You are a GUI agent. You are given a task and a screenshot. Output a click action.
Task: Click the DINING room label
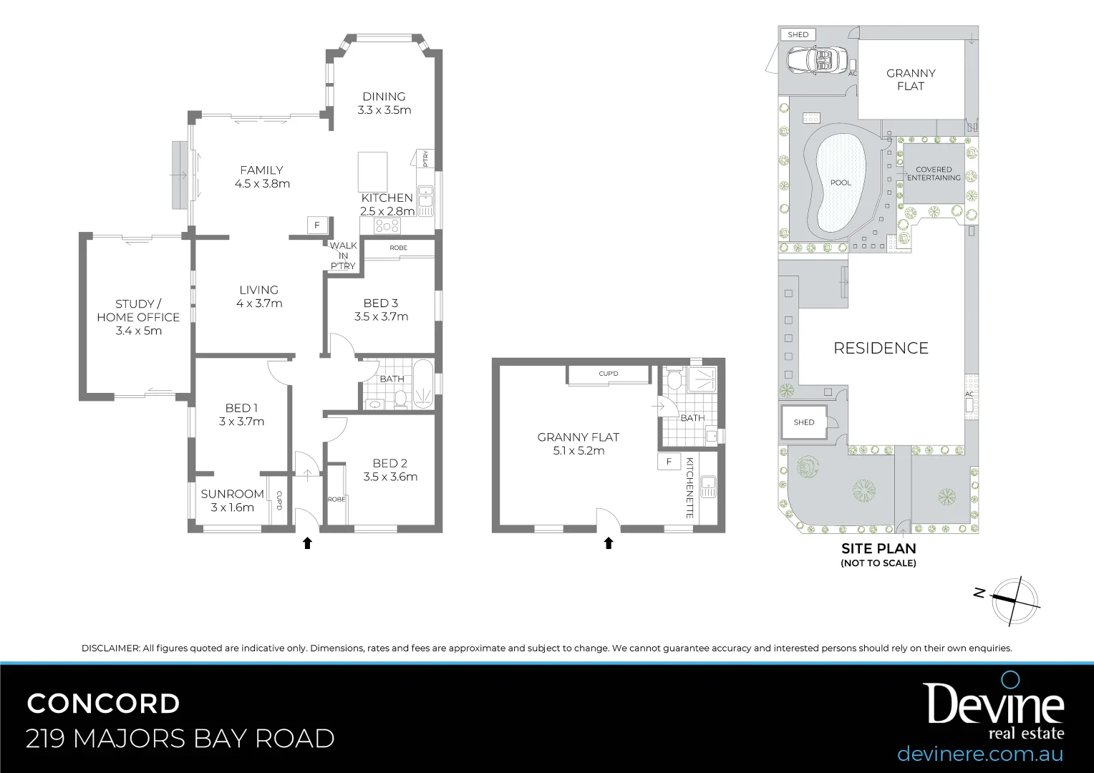click(x=384, y=97)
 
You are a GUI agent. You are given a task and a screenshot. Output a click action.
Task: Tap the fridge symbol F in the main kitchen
click(x=317, y=225)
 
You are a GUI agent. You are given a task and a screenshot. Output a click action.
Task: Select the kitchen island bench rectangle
click(x=372, y=170)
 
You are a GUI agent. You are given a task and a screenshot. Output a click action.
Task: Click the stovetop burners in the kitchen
click(x=387, y=226)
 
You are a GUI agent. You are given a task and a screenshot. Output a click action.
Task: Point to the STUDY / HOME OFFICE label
click(x=138, y=311)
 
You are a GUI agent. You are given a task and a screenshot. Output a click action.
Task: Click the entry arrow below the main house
click(x=307, y=543)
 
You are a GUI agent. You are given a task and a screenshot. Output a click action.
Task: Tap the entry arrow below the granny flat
click(x=609, y=543)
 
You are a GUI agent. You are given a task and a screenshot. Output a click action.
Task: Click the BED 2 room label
click(x=389, y=463)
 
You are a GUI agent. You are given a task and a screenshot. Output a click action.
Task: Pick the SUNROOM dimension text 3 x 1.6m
click(x=233, y=507)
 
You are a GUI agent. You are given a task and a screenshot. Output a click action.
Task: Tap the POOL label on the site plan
click(x=841, y=183)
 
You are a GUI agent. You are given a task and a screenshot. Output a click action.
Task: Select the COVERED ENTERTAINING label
click(x=934, y=174)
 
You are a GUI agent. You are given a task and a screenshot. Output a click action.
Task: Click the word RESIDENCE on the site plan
click(x=881, y=349)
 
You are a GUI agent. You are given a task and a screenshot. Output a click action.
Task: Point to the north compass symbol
click(x=1014, y=600)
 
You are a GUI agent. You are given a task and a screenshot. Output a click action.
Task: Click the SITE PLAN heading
click(x=878, y=549)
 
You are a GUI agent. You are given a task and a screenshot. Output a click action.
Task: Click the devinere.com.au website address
click(x=979, y=754)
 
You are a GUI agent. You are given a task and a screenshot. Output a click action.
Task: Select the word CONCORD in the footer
click(x=103, y=704)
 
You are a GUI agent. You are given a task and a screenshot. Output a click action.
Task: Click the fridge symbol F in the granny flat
click(x=669, y=462)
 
